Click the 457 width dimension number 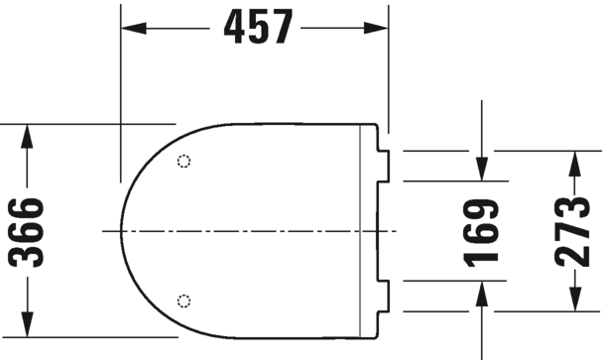tap(258, 29)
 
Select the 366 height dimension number tap(27, 232)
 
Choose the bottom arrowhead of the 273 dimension tap(572, 301)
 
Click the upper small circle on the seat tap(182, 162)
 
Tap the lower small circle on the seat tap(182, 300)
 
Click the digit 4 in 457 tap(235, 29)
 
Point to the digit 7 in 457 tap(282, 29)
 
